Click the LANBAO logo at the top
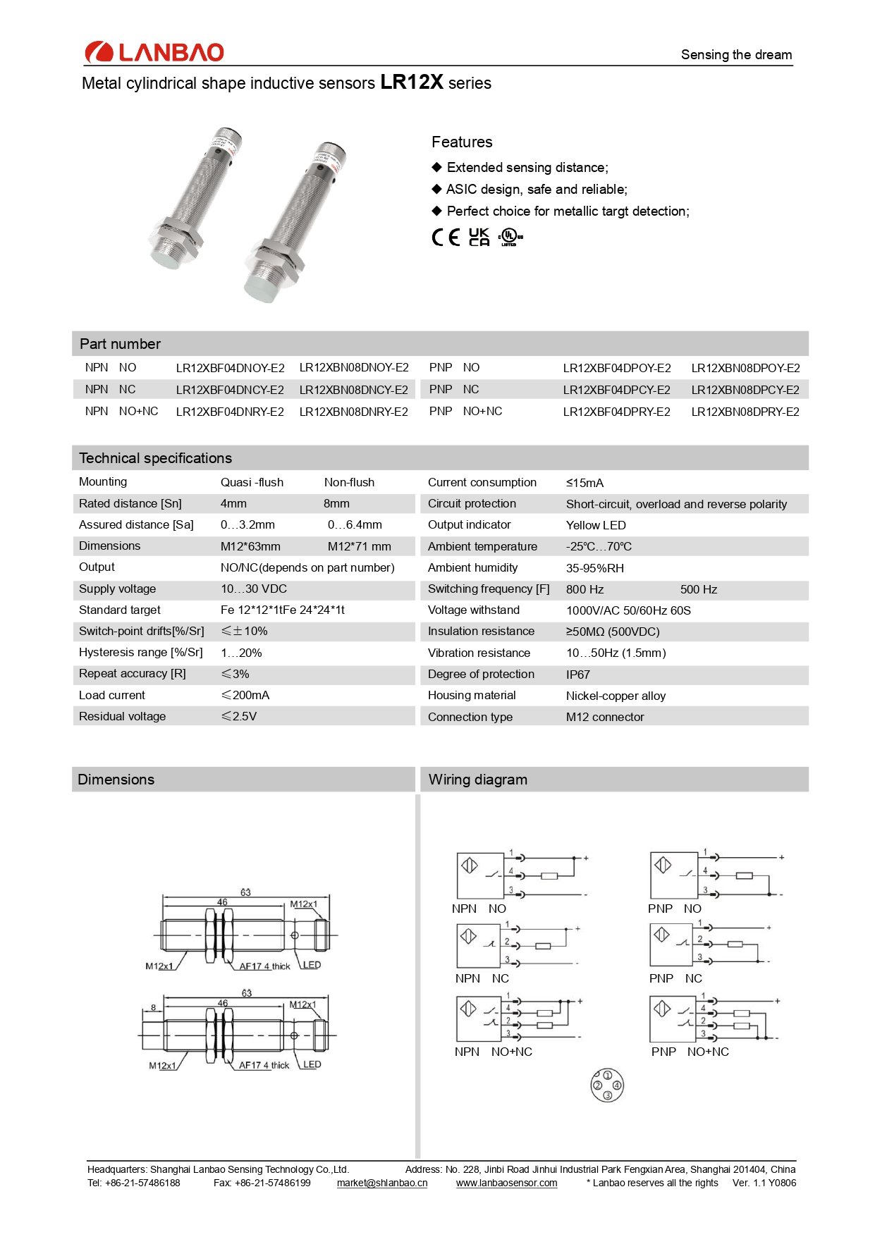coord(154,52)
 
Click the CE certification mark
coord(446,237)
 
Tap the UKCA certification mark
coord(479,237)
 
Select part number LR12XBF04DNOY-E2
coord(230,368)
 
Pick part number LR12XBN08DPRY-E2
coord(745,412)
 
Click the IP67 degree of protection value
coord(577,675)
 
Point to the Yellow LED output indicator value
coord(596,525)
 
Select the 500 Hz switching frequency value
coord(698,589)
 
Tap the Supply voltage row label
coord(117,589)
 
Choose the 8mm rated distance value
coord(336,503)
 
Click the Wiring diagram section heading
coord(477,780)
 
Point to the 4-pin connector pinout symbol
coord(606,1085)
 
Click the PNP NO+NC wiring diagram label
coord(690,1052)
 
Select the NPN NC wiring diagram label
coord(482,978)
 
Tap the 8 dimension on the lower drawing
coord(154,1007)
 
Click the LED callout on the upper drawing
coord(311,965)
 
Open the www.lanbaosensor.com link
coord(506,1183)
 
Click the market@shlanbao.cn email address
coord(381,1183)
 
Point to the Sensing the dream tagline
coord(736,55)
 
